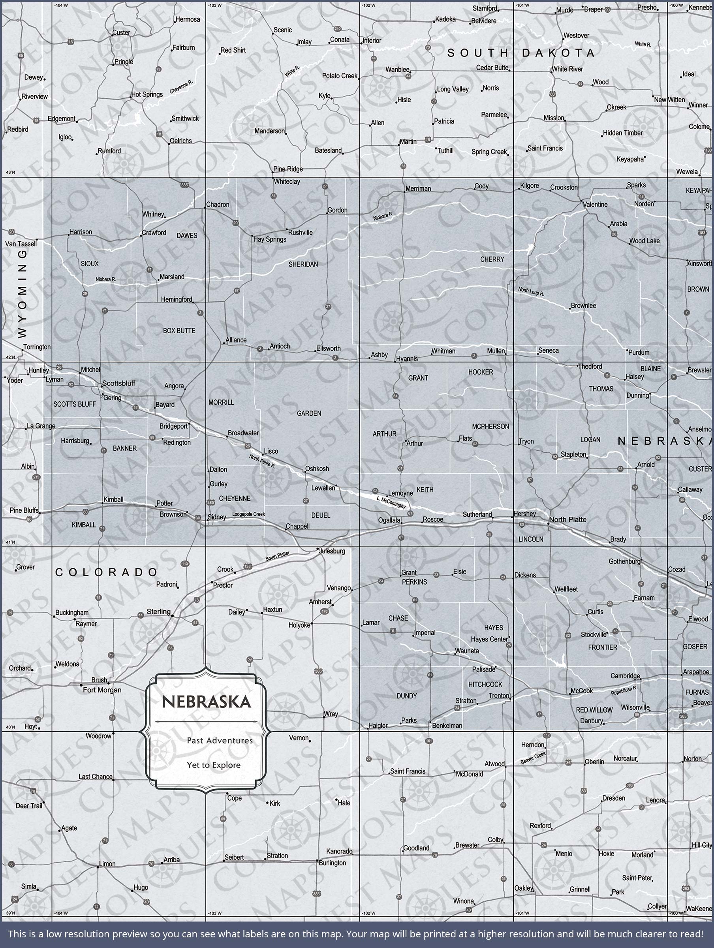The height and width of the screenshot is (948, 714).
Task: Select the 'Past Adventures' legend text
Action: point(220,740)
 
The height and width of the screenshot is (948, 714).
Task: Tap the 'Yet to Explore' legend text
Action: point(213,765)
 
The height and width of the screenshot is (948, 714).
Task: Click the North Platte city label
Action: point(568,519)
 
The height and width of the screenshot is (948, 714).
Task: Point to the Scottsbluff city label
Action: point(119,383)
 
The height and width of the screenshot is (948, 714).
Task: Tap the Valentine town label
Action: point(595,205)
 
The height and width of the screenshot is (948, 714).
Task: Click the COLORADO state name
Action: point(107,572)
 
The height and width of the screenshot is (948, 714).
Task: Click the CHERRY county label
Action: point(492,259)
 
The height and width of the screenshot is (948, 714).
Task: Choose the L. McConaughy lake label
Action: point(391,503)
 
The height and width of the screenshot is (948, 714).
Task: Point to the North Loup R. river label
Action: point(531,292)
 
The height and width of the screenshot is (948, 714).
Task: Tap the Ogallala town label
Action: point(389,520)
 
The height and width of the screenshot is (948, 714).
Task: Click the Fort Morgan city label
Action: point(102,690)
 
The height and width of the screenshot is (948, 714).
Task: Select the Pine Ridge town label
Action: point(288,169)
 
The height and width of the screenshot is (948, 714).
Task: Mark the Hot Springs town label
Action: point(147,94)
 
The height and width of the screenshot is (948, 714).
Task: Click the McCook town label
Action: point(582,691)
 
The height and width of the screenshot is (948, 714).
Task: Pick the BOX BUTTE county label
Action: point(179,331)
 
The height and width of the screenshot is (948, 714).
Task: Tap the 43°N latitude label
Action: point(10,172)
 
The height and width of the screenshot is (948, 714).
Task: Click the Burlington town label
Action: point(332,863)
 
